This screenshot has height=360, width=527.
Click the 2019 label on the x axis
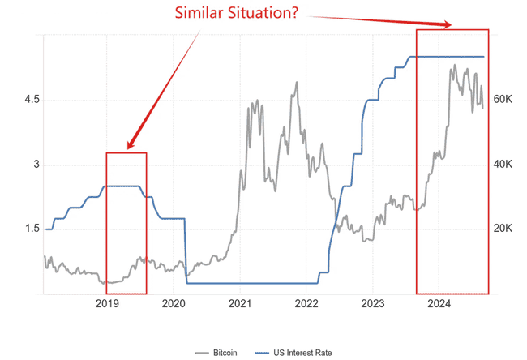point(108,304)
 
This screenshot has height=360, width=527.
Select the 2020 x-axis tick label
point(174,304)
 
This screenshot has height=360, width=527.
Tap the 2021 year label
point(240,304)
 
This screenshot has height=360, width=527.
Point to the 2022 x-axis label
point(306,304)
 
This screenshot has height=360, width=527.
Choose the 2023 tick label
point(372,304)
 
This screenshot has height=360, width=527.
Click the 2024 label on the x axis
point(439,304)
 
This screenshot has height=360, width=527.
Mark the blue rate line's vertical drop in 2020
point(186,251)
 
